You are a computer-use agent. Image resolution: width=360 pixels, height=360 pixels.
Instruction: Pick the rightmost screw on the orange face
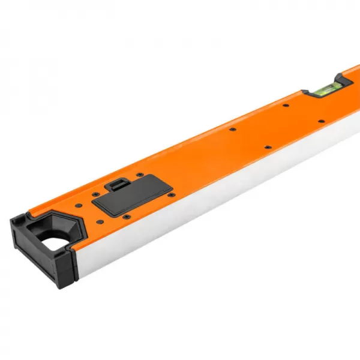click(x=321, y=121)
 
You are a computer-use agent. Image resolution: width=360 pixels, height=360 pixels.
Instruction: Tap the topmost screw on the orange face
click(x=285, y=106)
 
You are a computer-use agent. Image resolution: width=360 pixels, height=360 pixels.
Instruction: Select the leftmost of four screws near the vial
click(x=231, y=129)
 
